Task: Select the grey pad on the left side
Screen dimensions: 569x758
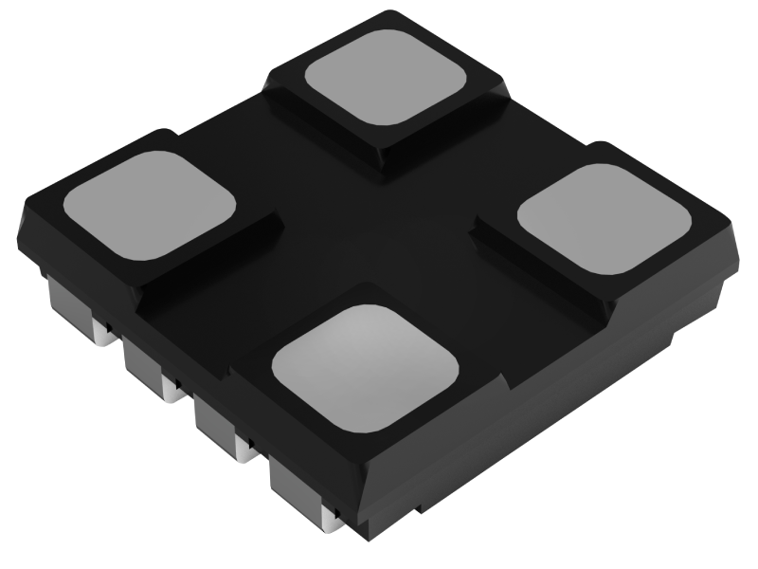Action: pos(148,207)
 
